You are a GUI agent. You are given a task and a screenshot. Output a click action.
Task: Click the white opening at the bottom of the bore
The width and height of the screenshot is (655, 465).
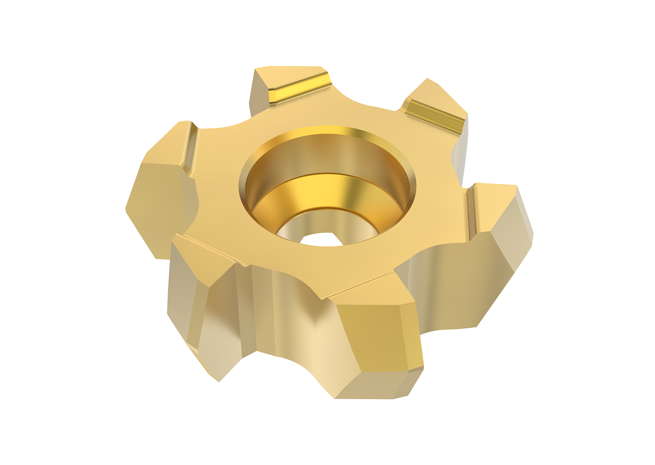tap(321, 240)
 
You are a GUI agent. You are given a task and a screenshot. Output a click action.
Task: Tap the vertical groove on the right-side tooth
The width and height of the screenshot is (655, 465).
tap(471, 213)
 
